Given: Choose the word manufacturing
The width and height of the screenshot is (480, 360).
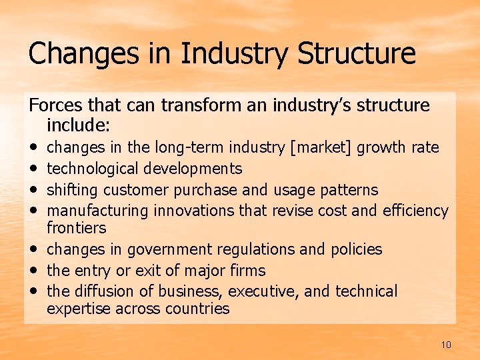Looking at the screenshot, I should click(x=98, y=211).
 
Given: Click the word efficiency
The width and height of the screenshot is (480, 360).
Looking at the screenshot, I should click(x=415, y=211).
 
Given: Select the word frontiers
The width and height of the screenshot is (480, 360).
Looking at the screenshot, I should click(x=77, y=228).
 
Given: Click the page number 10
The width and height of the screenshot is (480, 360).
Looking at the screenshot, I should click(x=446, y=345).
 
